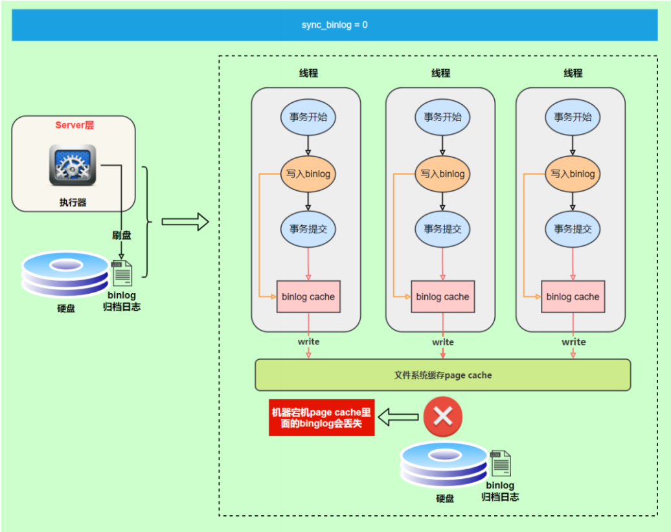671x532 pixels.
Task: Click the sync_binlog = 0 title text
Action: (334, 25)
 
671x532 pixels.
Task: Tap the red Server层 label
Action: (74, 125)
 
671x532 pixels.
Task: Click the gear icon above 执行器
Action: (73, 165)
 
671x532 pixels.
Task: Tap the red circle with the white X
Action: (443, 417)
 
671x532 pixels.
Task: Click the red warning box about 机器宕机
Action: (322, 417)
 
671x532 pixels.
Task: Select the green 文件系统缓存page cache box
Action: (442, 375)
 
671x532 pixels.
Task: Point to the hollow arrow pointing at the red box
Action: (398, 417)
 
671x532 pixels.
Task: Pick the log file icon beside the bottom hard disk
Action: (500, 463)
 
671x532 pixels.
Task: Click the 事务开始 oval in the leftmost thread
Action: (308, 117)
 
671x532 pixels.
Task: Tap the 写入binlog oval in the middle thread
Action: (442, 173)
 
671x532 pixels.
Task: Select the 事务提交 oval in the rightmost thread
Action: (573, 228)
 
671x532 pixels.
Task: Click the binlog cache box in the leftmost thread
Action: (308, 296)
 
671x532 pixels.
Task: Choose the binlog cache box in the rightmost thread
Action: (573, 296)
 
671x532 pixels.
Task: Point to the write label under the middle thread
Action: (443, 342)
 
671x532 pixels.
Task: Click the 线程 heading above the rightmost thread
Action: (573, 73)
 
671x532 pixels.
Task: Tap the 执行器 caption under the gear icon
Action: (73, 202)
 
